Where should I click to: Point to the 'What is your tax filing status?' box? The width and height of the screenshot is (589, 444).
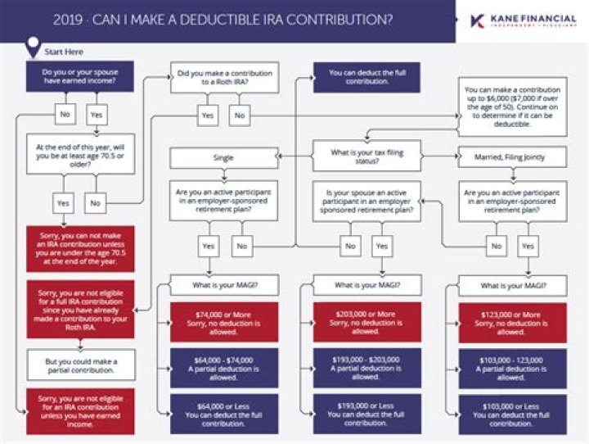(x=367, y=155)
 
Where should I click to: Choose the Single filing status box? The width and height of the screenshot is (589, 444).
(x=223, y=156)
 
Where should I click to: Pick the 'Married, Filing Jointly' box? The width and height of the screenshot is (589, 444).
(x=512, y=156)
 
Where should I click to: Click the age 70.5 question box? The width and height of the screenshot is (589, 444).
(x=80, y=154)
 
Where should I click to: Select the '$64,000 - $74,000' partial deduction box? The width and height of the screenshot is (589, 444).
(x=223, y=367)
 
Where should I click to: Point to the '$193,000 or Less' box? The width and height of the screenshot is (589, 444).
(x=367, y=413)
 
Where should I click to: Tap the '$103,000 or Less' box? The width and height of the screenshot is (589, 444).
(x=512, y=413)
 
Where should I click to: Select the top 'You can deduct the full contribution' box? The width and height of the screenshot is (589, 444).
(x=367, y=78)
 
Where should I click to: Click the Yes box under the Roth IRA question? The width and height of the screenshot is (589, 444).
(x=209, y=116)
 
